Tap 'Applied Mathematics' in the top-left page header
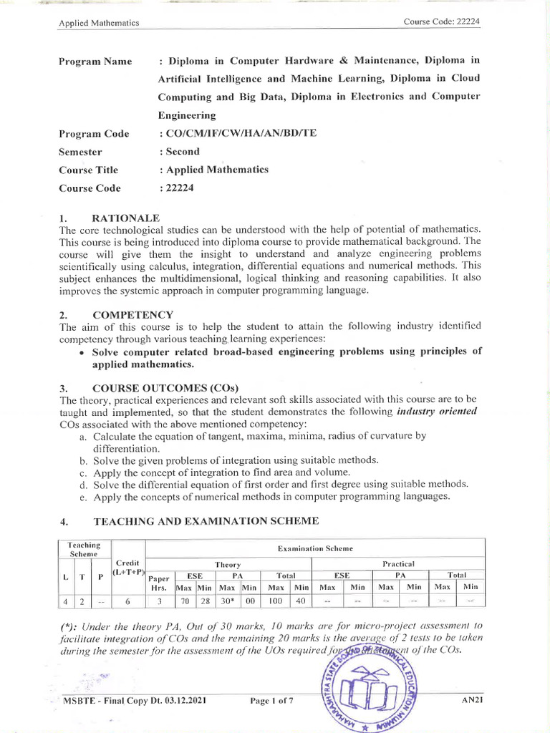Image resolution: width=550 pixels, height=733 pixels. [98, 23]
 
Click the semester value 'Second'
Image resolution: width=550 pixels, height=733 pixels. [183, 152]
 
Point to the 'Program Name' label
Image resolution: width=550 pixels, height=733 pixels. [95, 62]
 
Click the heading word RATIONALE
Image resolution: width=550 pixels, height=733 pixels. [126, 218]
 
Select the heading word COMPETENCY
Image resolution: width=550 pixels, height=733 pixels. [132, 314]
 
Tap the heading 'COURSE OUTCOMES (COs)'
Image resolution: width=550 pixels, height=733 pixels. [165, 387]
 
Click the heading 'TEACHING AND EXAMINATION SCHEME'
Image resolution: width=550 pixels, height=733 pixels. [206, 521]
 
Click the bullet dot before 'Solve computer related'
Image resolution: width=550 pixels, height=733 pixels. [84, 352]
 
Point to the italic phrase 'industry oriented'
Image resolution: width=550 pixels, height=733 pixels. [437, 412]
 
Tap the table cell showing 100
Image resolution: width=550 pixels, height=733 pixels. [275, 602]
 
